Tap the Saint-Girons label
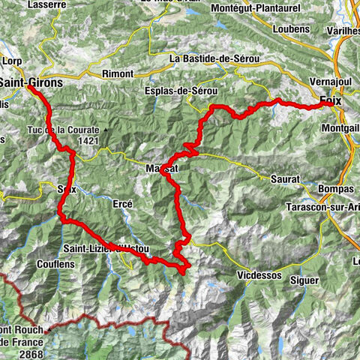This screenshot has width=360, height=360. click(x=31, y=80)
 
